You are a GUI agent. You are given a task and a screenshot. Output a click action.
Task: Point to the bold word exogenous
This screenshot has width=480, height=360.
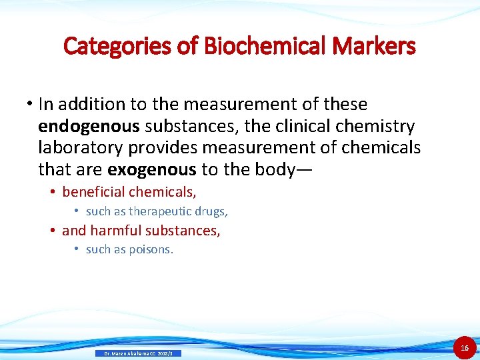coord(151,169)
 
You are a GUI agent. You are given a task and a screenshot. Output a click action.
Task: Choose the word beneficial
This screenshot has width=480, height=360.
coord(93,192)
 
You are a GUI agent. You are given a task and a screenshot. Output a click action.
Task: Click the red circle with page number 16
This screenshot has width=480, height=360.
coord(465,347)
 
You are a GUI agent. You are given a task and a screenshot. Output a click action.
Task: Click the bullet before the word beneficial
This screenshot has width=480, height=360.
coord(52,192)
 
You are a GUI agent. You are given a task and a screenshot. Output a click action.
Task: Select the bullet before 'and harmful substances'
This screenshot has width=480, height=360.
coord(52,231)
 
